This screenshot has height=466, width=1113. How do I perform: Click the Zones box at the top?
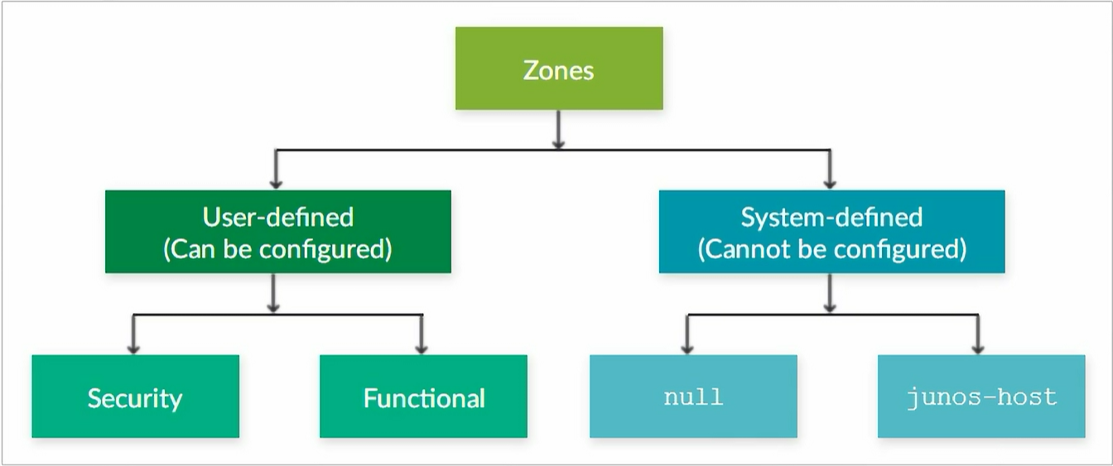pyautogui.click(x=559, y=68)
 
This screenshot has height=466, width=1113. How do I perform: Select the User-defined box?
pyautogui.click(x=278, y=232)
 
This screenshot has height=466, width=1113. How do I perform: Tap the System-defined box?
pyautogui.click(x=831, y=232)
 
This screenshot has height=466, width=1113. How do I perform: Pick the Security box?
pyautogui.click(x=136, y=396)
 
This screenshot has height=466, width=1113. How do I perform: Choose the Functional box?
pyautogui.click(x=423, y=396)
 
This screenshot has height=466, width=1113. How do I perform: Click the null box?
pyautogui.click(x=694, y=396)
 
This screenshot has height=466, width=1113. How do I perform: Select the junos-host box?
pyautogui.click(x=981, y=396)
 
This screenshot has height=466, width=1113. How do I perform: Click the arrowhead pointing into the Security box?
pyautogui.click(x=133, y=349)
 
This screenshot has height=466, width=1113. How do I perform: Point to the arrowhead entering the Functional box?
pyautogui.click(x=422, y=349)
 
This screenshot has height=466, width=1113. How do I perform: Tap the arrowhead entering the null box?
pyautogui.click(x=687, y=349)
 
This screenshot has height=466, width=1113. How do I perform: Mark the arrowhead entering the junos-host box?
pyautogui.click(x=978, y=349)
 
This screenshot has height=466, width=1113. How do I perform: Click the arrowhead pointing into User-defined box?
pyautogui.click(x=276, y=185)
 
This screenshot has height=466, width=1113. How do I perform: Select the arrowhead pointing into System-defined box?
pyautogui.click(x=829, y=185)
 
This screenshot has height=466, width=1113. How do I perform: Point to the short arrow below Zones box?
pyautogui.click(x=558, y=129)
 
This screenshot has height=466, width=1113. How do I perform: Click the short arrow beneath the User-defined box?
pyautogui.click(x=272, y=293)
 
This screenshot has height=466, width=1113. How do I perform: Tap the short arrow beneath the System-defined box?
pyautogui.click(x=829, y=293)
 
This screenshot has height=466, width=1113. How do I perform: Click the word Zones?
pyautogui.click(x=558, y=70)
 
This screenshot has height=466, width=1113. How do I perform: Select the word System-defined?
pyautogui.click(x=831, y=217)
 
